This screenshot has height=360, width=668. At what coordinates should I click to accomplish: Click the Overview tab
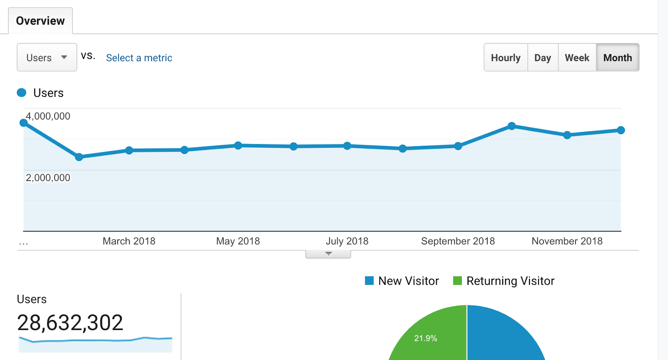pos(40,21)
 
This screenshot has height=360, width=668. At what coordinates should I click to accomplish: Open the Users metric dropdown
pos(47,58)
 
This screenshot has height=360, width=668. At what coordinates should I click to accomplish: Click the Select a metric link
pos(139,58)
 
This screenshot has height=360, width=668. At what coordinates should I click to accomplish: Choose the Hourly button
pos(506,58)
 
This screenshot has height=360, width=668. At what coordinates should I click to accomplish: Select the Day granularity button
pos(543,58)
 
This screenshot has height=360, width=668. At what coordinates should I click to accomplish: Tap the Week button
pos(577,58)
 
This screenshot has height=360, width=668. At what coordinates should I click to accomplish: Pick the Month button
pos(617,58)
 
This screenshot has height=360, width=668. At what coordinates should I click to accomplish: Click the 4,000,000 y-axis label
pos(48,116)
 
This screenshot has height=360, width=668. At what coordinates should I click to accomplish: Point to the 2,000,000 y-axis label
pos(48,177)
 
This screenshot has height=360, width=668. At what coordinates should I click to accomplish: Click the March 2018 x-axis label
pos(129,241)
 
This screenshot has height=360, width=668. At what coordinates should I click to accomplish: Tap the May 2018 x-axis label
pos(238,241)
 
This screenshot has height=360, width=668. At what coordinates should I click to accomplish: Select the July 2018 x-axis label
pos(347,241)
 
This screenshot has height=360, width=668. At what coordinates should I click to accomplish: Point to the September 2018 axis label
pos(458,241)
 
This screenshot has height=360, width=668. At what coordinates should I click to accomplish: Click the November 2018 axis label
pos(567,241)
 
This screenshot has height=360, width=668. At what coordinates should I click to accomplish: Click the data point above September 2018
pos(458,146)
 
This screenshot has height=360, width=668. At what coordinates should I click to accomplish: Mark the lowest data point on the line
pos(79,157)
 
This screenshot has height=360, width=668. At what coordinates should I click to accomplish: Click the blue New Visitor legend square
pos(369,281)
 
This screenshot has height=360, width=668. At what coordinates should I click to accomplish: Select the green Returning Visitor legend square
pos(458,281)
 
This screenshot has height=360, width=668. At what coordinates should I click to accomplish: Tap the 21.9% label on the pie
pos(425,338)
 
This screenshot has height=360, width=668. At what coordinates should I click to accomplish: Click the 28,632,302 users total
pos(70,322)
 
